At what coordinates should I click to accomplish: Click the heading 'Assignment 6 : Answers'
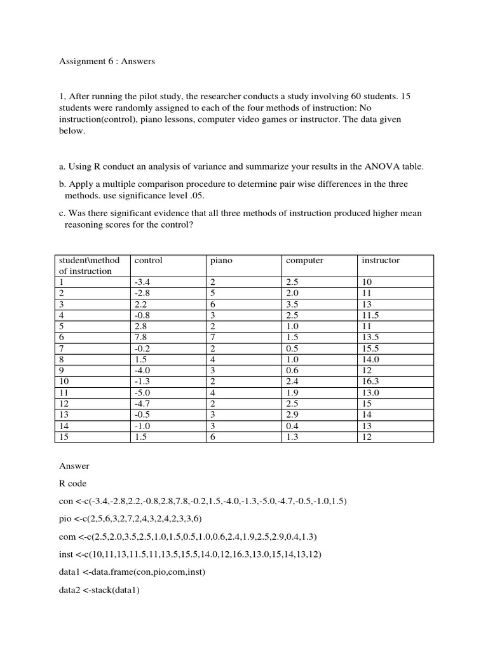pyautogui.click(x=107, y=62)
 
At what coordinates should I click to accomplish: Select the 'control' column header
pyautogui.click(x=148, y=261)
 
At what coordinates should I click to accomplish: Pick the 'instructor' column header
pyautogui.click(x=381, y=261)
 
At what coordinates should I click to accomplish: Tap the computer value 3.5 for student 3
pyautogui.click(x=292, y=305)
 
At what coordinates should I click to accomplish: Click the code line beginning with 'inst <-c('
pyautogui.click(x=190, y=554)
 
